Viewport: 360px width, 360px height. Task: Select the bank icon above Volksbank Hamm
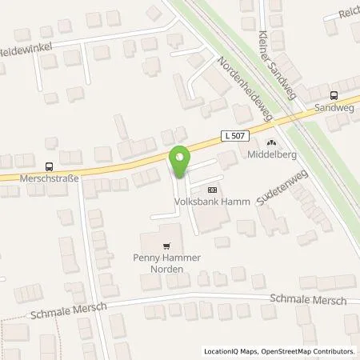tap(211, 190)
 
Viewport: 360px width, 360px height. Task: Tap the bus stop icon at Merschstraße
tap(50, 167)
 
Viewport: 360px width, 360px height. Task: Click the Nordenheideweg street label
tap(246, 86)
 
